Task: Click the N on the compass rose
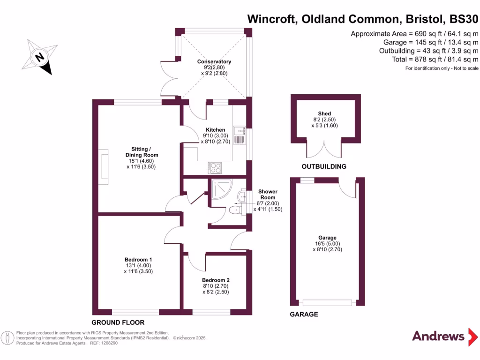39,57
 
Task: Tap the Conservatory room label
214,61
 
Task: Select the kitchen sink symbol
240,135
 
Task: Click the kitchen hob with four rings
215,168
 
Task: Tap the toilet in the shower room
235,210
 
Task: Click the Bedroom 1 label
138,260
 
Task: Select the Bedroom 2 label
216,280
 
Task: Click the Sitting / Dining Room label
142,152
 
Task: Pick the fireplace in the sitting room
104,167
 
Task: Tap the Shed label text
324,113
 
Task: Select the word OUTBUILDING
324,166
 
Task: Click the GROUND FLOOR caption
118,322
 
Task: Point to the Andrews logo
445,337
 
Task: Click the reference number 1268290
109,343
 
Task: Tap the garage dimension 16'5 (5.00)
328,244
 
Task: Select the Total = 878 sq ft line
435,60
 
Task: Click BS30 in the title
464,19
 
